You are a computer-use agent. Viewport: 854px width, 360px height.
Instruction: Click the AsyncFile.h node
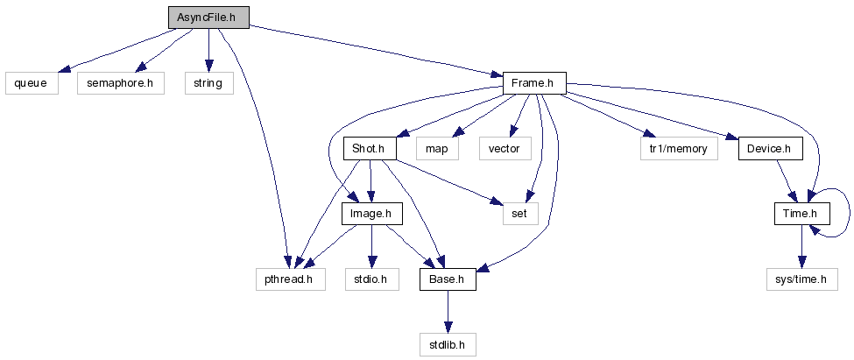(x=208, y=17)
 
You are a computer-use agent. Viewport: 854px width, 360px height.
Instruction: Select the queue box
(x=31, y=83)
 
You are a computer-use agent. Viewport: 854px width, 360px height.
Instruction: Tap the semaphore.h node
(x=120, y=83)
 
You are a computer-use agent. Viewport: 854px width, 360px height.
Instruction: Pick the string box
(x=208, y=83)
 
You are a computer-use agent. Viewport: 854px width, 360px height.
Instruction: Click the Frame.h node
(x=533, y=83)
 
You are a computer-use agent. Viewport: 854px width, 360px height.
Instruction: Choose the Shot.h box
(x=369, y=149)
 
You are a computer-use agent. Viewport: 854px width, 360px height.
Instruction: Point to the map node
(x=436, y=149)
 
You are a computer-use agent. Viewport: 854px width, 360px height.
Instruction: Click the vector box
(x=504, y=149)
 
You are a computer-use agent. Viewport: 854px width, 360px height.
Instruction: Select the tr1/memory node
(x=678, y=149)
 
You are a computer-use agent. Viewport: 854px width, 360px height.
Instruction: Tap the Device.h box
(x=769, y=149)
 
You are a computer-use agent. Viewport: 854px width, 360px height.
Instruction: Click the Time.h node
(x=801, y=214)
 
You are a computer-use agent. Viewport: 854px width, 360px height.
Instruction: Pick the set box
(x=519, y=214)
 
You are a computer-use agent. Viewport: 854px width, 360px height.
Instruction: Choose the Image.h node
(x=375, y=214)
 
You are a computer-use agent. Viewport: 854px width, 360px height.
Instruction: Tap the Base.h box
(x=448, y=279)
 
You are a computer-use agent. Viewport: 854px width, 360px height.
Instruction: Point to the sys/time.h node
(x=801, y=279)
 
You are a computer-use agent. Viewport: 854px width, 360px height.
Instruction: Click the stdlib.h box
(x=448, y=345)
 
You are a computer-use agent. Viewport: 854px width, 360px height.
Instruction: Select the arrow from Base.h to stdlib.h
(x=448, y=312)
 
